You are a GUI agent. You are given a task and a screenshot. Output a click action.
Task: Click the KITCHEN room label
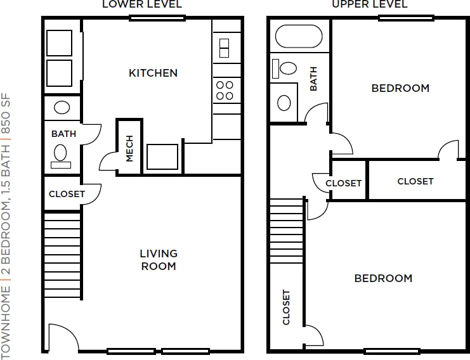click(x=153, y=73)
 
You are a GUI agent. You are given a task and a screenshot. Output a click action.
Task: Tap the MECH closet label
click(x=129, y=148)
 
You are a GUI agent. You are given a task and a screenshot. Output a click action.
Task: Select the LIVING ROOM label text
click(x=159, y=260)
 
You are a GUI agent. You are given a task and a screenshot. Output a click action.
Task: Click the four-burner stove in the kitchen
click(x=225, y=90)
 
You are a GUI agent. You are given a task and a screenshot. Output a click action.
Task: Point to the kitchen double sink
click(x=224, y=48)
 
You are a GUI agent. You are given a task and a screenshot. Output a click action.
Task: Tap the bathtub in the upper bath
click(x=299, y=36)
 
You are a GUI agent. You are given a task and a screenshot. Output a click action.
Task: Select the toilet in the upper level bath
click(x=284, y=68)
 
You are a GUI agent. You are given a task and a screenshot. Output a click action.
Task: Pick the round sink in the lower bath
click(x=62, y=107)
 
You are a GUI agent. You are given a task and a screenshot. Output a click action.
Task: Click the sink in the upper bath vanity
click(x=284, y=103)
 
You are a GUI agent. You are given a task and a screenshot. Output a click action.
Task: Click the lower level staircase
click(x=63, y=255)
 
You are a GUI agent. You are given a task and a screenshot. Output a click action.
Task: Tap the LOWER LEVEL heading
click(x=142, y=4)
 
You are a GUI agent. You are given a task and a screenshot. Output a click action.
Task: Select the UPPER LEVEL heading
click(x=370, y=4)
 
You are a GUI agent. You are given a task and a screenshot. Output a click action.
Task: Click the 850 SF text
click(x=6, y=113)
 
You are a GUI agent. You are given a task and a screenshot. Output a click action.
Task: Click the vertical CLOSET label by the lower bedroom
click(x=287, y=307)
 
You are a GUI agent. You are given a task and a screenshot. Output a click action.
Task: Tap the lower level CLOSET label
click(x=67, y=194)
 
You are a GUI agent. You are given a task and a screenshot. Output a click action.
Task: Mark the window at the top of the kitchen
click(x=157, y=18)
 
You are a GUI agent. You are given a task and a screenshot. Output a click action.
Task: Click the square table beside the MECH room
click(x=162, y=157)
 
